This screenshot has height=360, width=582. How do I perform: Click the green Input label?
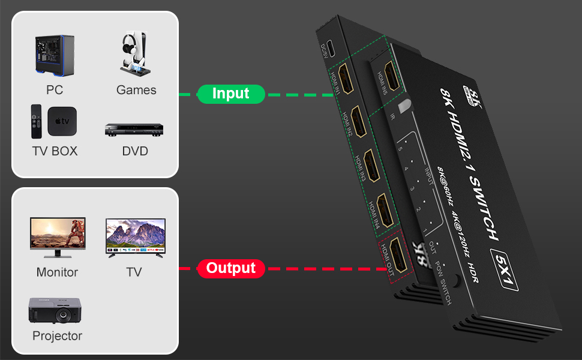coord(230,94)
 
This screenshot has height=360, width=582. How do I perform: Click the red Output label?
coord(231,268)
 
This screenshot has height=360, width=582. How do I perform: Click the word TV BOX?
coord(55,151)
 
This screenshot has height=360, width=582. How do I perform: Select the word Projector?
coord(57,336)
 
